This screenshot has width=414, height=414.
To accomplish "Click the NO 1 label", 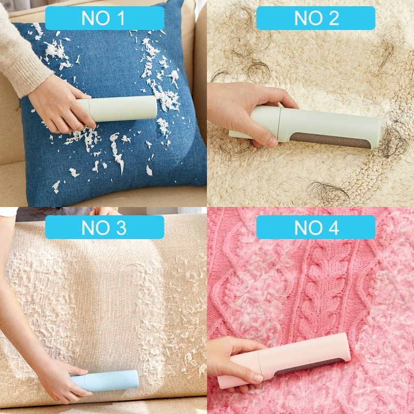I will click(x=104, y=18).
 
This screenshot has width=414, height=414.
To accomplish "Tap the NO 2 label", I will click(x=316, y=18).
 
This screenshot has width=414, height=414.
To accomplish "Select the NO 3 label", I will click(x=104, y=227).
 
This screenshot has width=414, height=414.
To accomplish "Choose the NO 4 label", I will click(x=316, y=227).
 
